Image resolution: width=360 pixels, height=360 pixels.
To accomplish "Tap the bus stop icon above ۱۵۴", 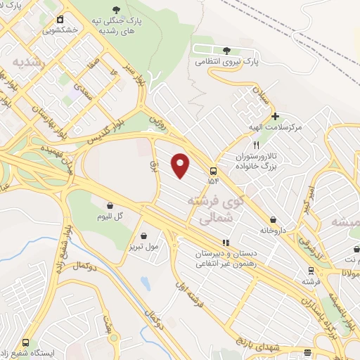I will (213, 169).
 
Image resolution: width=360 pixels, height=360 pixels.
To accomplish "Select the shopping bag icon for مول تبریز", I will (144, 236).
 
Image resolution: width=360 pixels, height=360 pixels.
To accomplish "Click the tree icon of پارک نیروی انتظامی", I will (226, 51).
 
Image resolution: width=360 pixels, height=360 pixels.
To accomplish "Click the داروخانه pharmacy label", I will (274, 229).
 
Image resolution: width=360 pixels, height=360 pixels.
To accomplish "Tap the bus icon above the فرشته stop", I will (310, 271).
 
